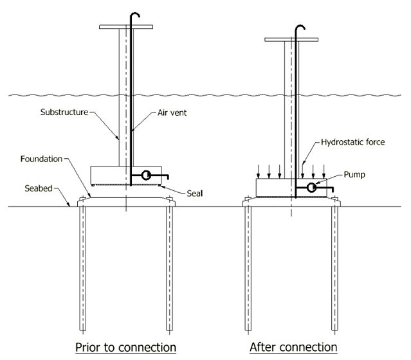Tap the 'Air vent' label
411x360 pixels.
point(172,113)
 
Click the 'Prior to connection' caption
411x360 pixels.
point(125,347)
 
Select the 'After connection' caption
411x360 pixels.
point(293,347)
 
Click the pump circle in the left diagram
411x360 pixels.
point(146,175)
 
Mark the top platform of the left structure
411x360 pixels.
point(126,28)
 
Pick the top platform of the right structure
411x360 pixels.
point(291,40)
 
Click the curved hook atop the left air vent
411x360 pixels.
point(134,14)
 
